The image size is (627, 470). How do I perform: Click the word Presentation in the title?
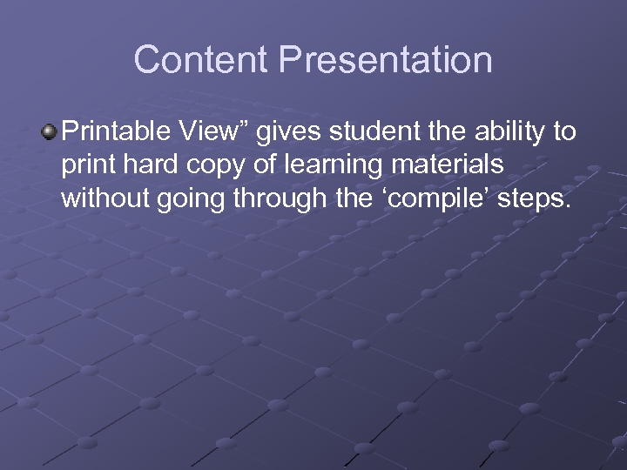click(x=386, y=60)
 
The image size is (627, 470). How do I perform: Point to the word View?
click(x=204, y=131)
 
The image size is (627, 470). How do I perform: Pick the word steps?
click(x=534, y=199)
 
